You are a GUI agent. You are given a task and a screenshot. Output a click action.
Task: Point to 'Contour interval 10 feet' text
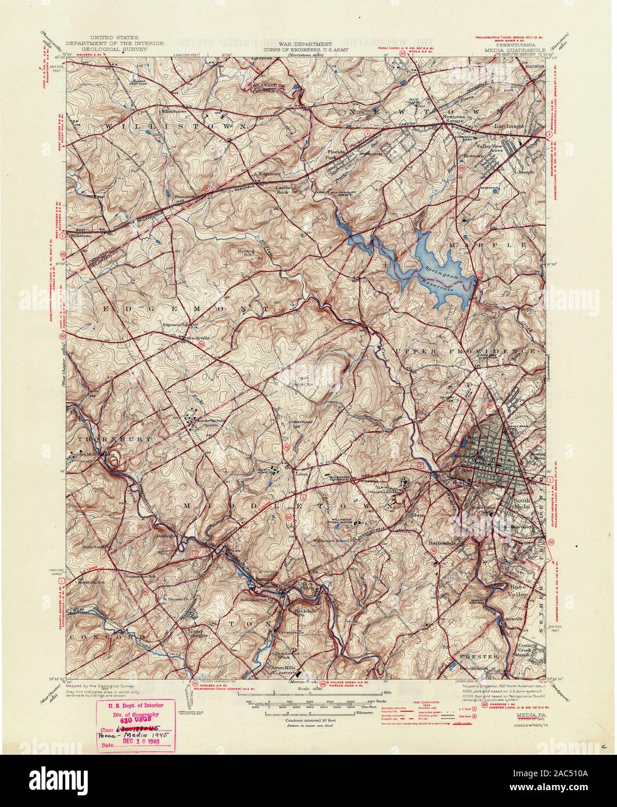pos(311,719)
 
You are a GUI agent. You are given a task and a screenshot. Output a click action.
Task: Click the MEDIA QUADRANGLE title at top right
pos(512,50)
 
